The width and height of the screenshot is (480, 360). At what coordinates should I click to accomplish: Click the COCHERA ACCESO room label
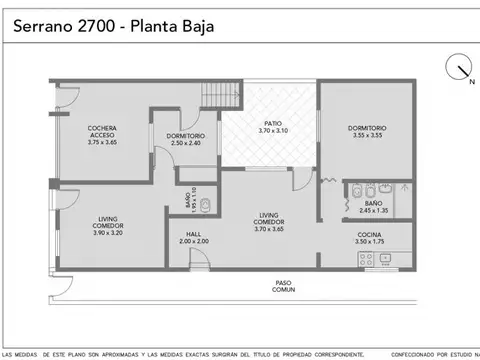tap(102, 132)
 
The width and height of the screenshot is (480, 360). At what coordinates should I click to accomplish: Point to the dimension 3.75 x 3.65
tap(102, 143)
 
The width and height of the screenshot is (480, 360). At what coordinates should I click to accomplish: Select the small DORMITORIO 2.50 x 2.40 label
tap(185, 139)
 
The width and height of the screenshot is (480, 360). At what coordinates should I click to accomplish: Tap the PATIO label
tap(272, 123)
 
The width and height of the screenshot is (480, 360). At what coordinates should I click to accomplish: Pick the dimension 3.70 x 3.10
tap(272, 131)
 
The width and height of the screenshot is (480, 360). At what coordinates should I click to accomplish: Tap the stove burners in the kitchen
tap(367, 261)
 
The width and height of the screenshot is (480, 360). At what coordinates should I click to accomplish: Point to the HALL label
tap(193, 234)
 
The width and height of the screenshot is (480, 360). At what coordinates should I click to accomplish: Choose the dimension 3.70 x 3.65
tap(270, 228)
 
